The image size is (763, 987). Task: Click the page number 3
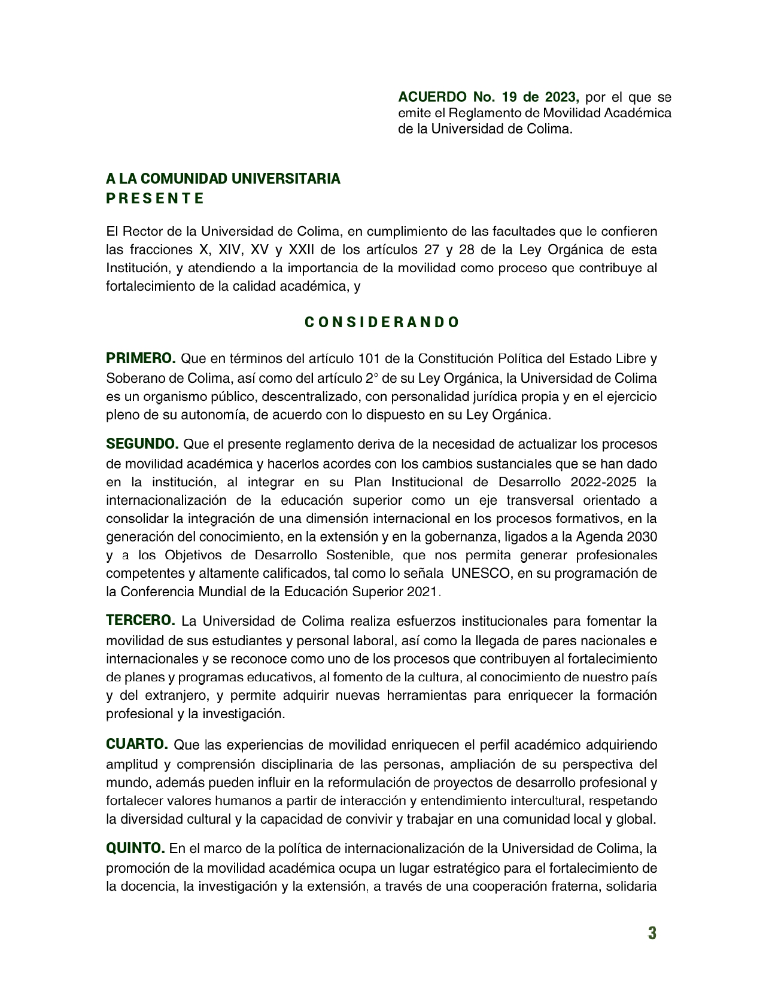[x=652, y=933]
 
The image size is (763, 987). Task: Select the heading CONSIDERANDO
[x=382, y=322]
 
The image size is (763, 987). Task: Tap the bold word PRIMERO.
[x=141, y=358]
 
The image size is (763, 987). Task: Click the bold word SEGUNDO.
[x=142, y=444]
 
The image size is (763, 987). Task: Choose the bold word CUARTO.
[x=137, y=744]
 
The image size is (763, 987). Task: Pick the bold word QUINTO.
[x=135, y=848]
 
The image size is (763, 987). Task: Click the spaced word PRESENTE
[x=155, y=199]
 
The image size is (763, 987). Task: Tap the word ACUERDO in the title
[x=432, y=97]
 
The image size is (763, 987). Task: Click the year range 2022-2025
[x=604, y=482]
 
